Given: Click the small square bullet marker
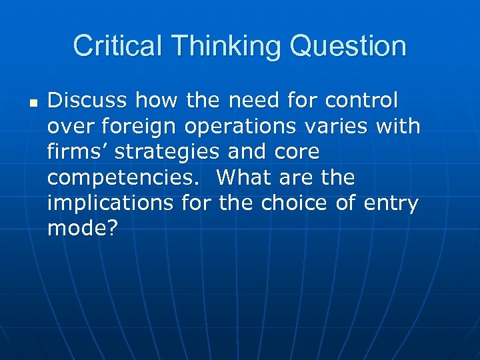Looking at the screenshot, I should coord(32,103).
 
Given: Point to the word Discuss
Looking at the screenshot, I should coord(87,101).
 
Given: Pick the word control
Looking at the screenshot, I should coord(361,101).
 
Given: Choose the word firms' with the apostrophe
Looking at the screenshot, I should coord(77,152).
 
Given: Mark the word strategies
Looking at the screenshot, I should coord(166,152).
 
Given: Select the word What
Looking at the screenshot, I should coord(245,178).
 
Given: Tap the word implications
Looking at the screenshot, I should coord(109,203).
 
